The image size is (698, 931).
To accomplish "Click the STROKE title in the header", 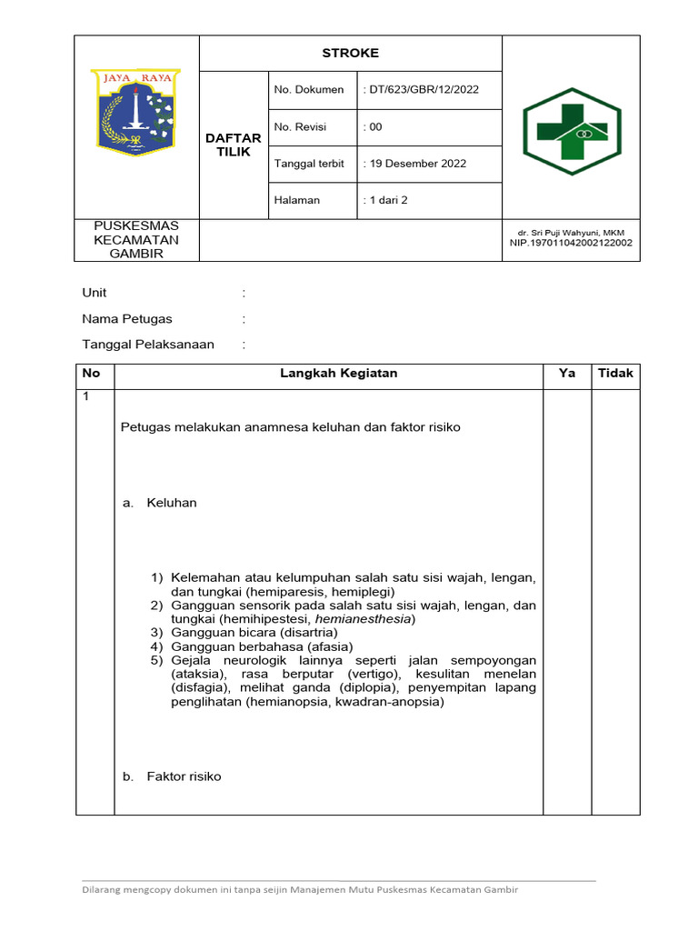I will [x=350, y=53].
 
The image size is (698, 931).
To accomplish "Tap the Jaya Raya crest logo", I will [x=138, y=112].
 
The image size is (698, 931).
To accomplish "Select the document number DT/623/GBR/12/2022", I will [x=420, y=89].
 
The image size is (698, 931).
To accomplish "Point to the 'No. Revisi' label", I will [x=300, y=126].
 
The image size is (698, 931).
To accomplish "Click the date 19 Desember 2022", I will [x=414, y=164].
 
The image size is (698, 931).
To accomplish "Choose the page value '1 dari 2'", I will [x=385, y=200].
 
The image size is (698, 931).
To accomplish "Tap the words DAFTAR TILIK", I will [x=234, y=145].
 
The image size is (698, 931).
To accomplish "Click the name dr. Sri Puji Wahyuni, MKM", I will [x=572, y=234].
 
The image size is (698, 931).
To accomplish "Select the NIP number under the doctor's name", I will [x=572, y=244].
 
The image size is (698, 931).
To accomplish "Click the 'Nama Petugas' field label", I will [x=127, y=319].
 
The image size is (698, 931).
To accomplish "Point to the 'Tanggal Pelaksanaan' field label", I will [x=148, y=345].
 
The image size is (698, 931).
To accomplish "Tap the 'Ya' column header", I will [x=567, y=374].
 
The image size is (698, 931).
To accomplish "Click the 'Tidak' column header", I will [x=615, y=374].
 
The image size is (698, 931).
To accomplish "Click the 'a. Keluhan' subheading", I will [x=160, y=503].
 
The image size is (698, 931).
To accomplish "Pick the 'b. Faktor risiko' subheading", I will [x=172, y=776].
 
